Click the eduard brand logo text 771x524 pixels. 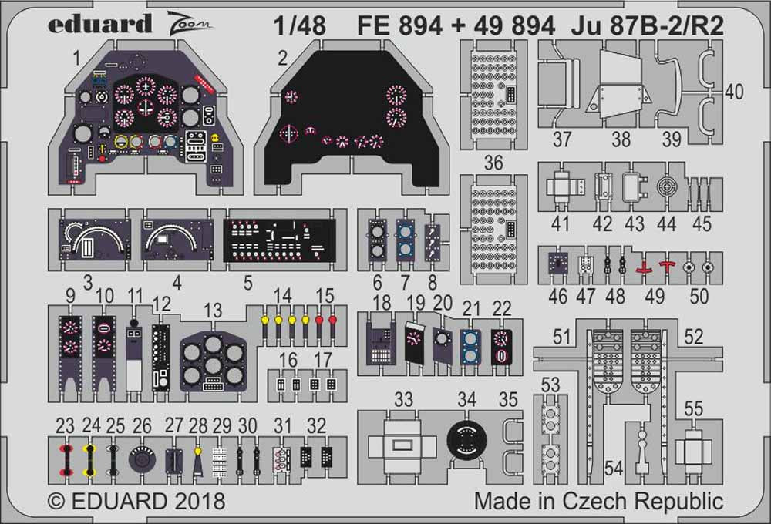pyautogui.click(x=99, y=25)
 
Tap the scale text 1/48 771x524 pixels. pyautogui.click(x=300, y=26)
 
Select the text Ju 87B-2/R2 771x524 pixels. pyautogui.click(x=648, y=26)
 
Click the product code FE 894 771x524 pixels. pyautogui.click(x=399, y=26)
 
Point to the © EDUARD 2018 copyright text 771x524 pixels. pyautogui.click(x=136, y=501)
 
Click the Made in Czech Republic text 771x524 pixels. pyautogui.click(x=598, y=501)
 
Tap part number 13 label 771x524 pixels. pyautogui.click(x=213, y=311)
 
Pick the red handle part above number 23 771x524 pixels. pyautogui.click(x=66, y=459)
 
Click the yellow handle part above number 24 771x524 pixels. pyautogui.click(x=91, y=459)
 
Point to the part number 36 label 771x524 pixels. pyautogui.click(x=493, y=163)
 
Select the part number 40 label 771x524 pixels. pyautogui.click(x=734, y=92)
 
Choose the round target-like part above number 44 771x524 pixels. pyautogui.click(x=666, y=188)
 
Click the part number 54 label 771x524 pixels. pyautogui.click(x=614, y=469)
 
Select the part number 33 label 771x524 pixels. pyautogui.click(x=404, y=399)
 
